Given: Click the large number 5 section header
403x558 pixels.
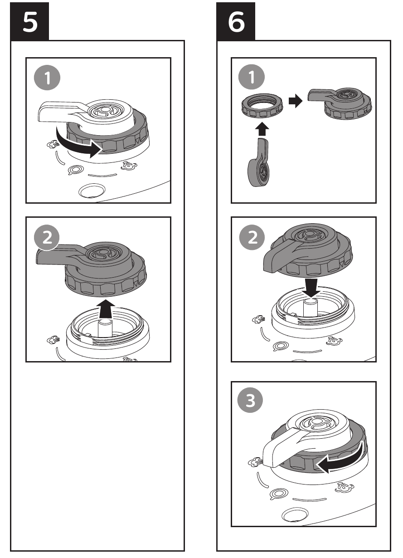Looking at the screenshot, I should point(29,21).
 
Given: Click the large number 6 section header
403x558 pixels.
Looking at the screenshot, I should point(236,21).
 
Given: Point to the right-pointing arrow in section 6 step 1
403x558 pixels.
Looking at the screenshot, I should point(296,101).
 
